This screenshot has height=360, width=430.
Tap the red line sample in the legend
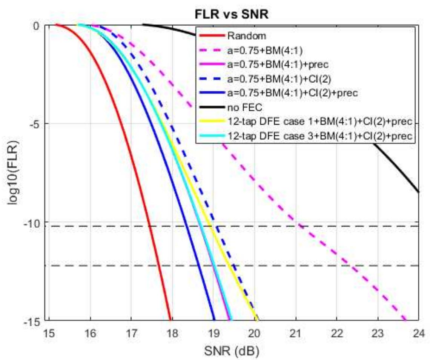(x=211, y=36)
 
